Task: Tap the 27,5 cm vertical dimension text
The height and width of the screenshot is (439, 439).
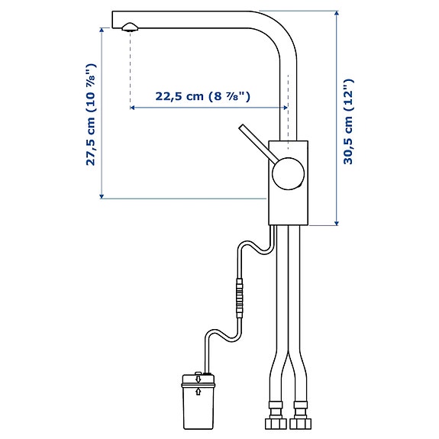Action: pos(91,114)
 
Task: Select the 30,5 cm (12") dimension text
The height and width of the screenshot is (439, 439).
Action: pos(348,121)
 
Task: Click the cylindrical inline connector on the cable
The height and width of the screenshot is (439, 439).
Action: pos(240,299)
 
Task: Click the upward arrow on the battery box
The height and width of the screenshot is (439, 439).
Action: pos(199,392)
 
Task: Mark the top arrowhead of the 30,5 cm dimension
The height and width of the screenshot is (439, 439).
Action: pos(336,14)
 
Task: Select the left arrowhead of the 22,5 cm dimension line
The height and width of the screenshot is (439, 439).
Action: pos(134,108)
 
